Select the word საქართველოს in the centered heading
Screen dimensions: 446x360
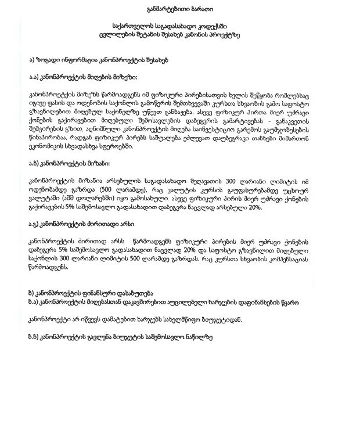[x=132, y=26]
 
